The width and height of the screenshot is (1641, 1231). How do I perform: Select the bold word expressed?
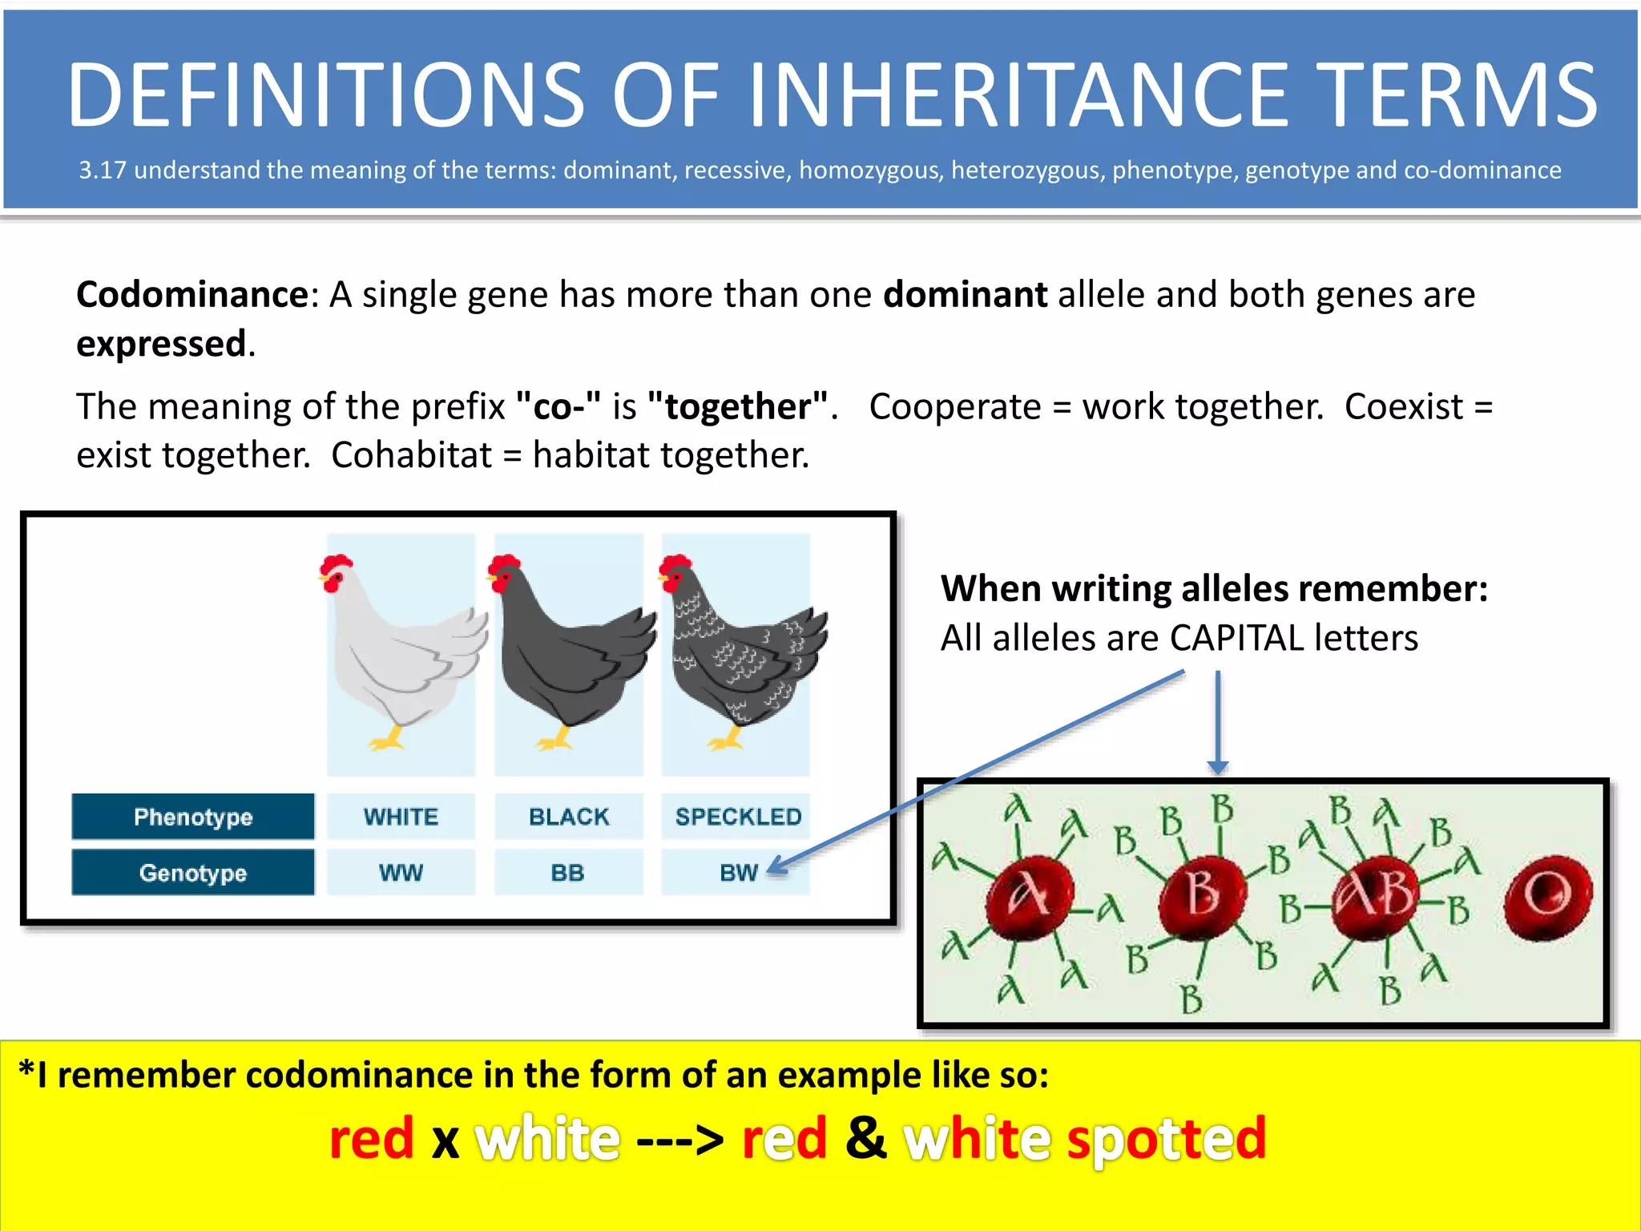click(x=161, y=344)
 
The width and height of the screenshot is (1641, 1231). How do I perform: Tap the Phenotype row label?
click(x=193, y=817)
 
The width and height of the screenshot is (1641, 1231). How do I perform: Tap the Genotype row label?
click(x=193, y=873)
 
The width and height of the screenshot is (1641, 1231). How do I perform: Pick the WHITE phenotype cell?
click(x=401, y=817)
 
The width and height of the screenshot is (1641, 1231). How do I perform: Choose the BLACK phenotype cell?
click(x=569, y=817)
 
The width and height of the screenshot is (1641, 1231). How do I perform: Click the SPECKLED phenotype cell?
click(x=737, y=817)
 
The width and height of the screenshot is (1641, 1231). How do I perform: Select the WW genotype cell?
click(x=401, y=873)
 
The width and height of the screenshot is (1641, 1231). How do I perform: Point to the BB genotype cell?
click(x=568, y=873)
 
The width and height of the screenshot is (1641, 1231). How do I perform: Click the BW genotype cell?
click(x=737, y=873)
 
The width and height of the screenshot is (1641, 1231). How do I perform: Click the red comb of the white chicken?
click(x=337, y=563)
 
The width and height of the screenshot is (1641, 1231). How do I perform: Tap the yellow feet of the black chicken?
click(x=555, y=740)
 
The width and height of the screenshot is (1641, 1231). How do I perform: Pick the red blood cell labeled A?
click(x=1029, y=895)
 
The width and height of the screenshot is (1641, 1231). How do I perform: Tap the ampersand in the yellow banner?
click(x=865, y=1137)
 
